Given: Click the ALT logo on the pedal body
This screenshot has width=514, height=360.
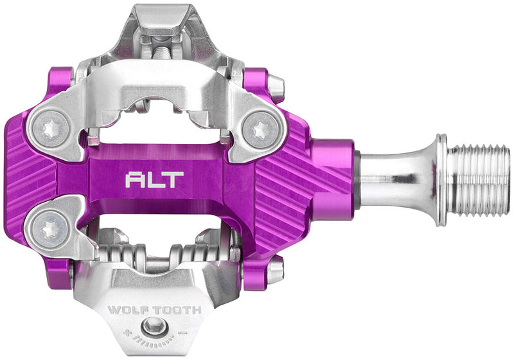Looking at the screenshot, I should [154, 179].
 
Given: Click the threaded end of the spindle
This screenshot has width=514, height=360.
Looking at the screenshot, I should [479, 180].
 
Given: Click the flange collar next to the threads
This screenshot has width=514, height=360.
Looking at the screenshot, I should [441, 180].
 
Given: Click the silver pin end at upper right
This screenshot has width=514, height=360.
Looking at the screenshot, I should [275, 87].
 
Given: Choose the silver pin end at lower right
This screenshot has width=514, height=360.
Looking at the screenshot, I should [275, 270].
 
